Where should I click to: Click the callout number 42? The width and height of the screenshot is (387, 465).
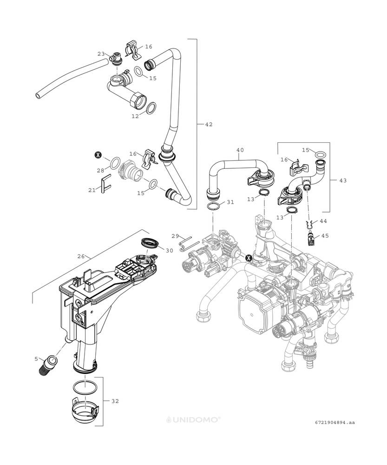point(209,125)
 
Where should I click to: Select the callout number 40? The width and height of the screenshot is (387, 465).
point(240,150)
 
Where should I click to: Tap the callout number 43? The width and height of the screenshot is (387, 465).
point(342,180)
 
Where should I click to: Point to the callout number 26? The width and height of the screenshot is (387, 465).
point(81,256)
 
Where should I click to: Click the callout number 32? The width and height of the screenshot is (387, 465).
point(115,401)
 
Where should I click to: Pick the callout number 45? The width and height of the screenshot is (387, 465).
point(325,236)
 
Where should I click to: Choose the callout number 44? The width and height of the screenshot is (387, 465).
point(323,221)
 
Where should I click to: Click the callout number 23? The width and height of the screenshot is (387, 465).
point(101,54)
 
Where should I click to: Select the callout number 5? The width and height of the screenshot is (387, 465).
point(36,359)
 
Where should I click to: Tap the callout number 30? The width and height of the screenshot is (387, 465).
point(169,251)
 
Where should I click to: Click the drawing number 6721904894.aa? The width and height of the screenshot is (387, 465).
point(335,422)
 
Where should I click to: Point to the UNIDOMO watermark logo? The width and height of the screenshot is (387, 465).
point(193,419)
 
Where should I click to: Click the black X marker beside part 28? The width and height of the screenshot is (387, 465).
point(98,154)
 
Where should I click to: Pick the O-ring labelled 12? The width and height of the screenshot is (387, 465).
point(152,108)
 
